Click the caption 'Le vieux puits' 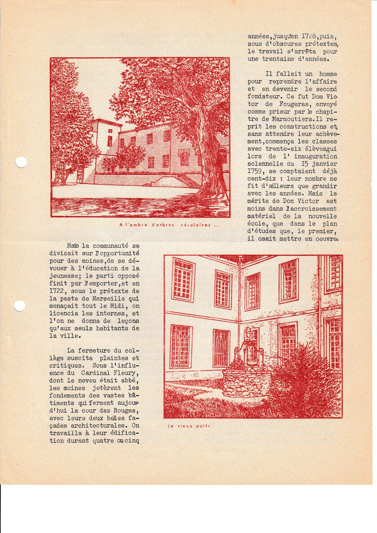188,426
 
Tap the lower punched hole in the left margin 20,305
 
